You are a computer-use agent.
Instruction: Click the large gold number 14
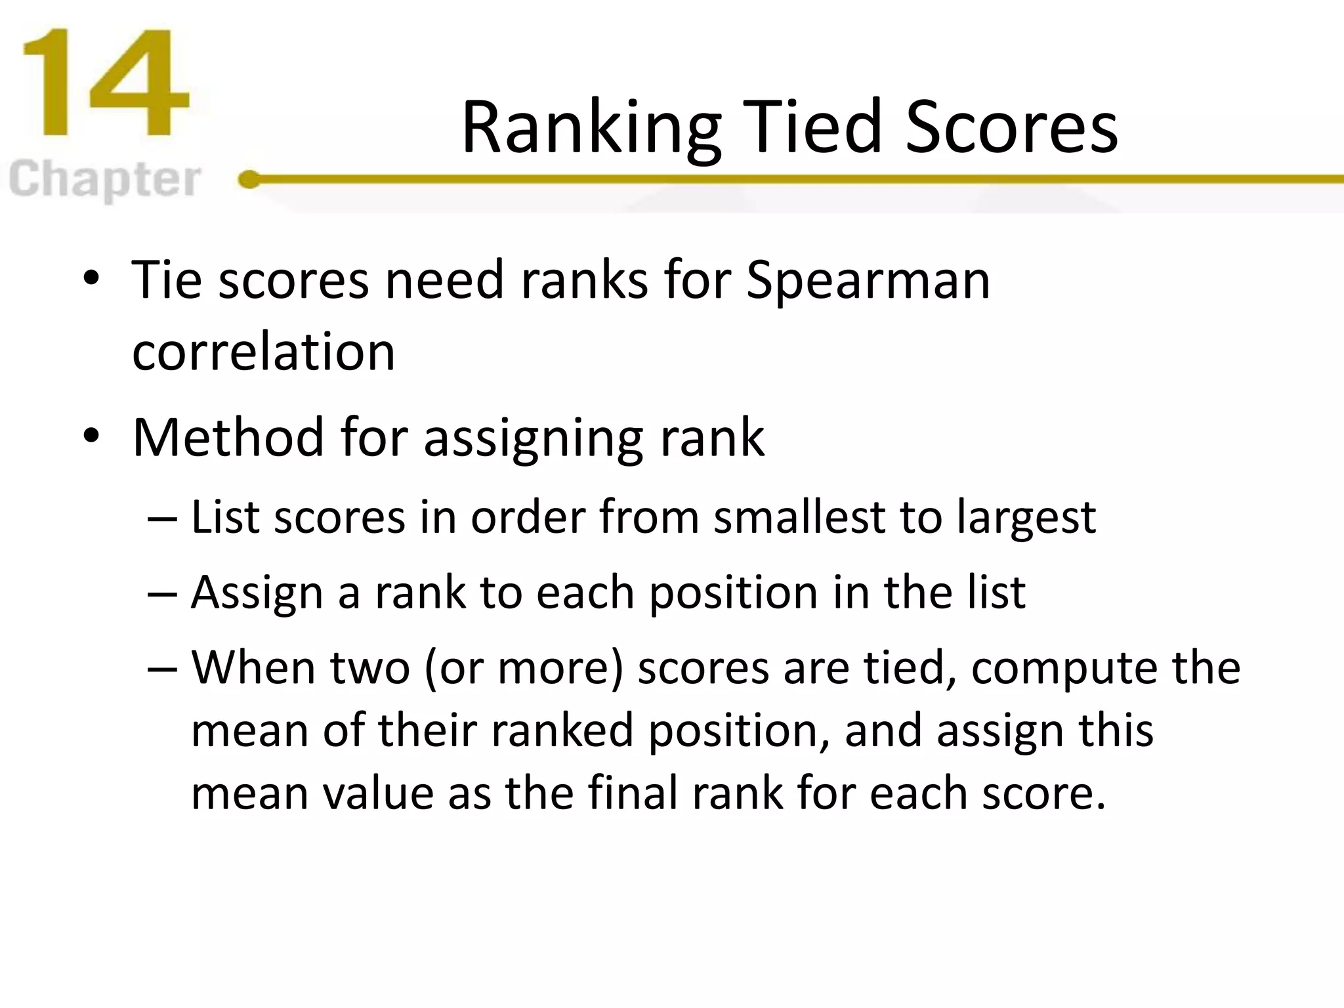(x=105, y=84)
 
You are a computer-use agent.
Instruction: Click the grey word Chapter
(x=105, y=180)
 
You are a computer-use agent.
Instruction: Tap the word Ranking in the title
(x=591, y=128)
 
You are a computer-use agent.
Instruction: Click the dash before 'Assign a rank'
(x=162, y=593)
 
